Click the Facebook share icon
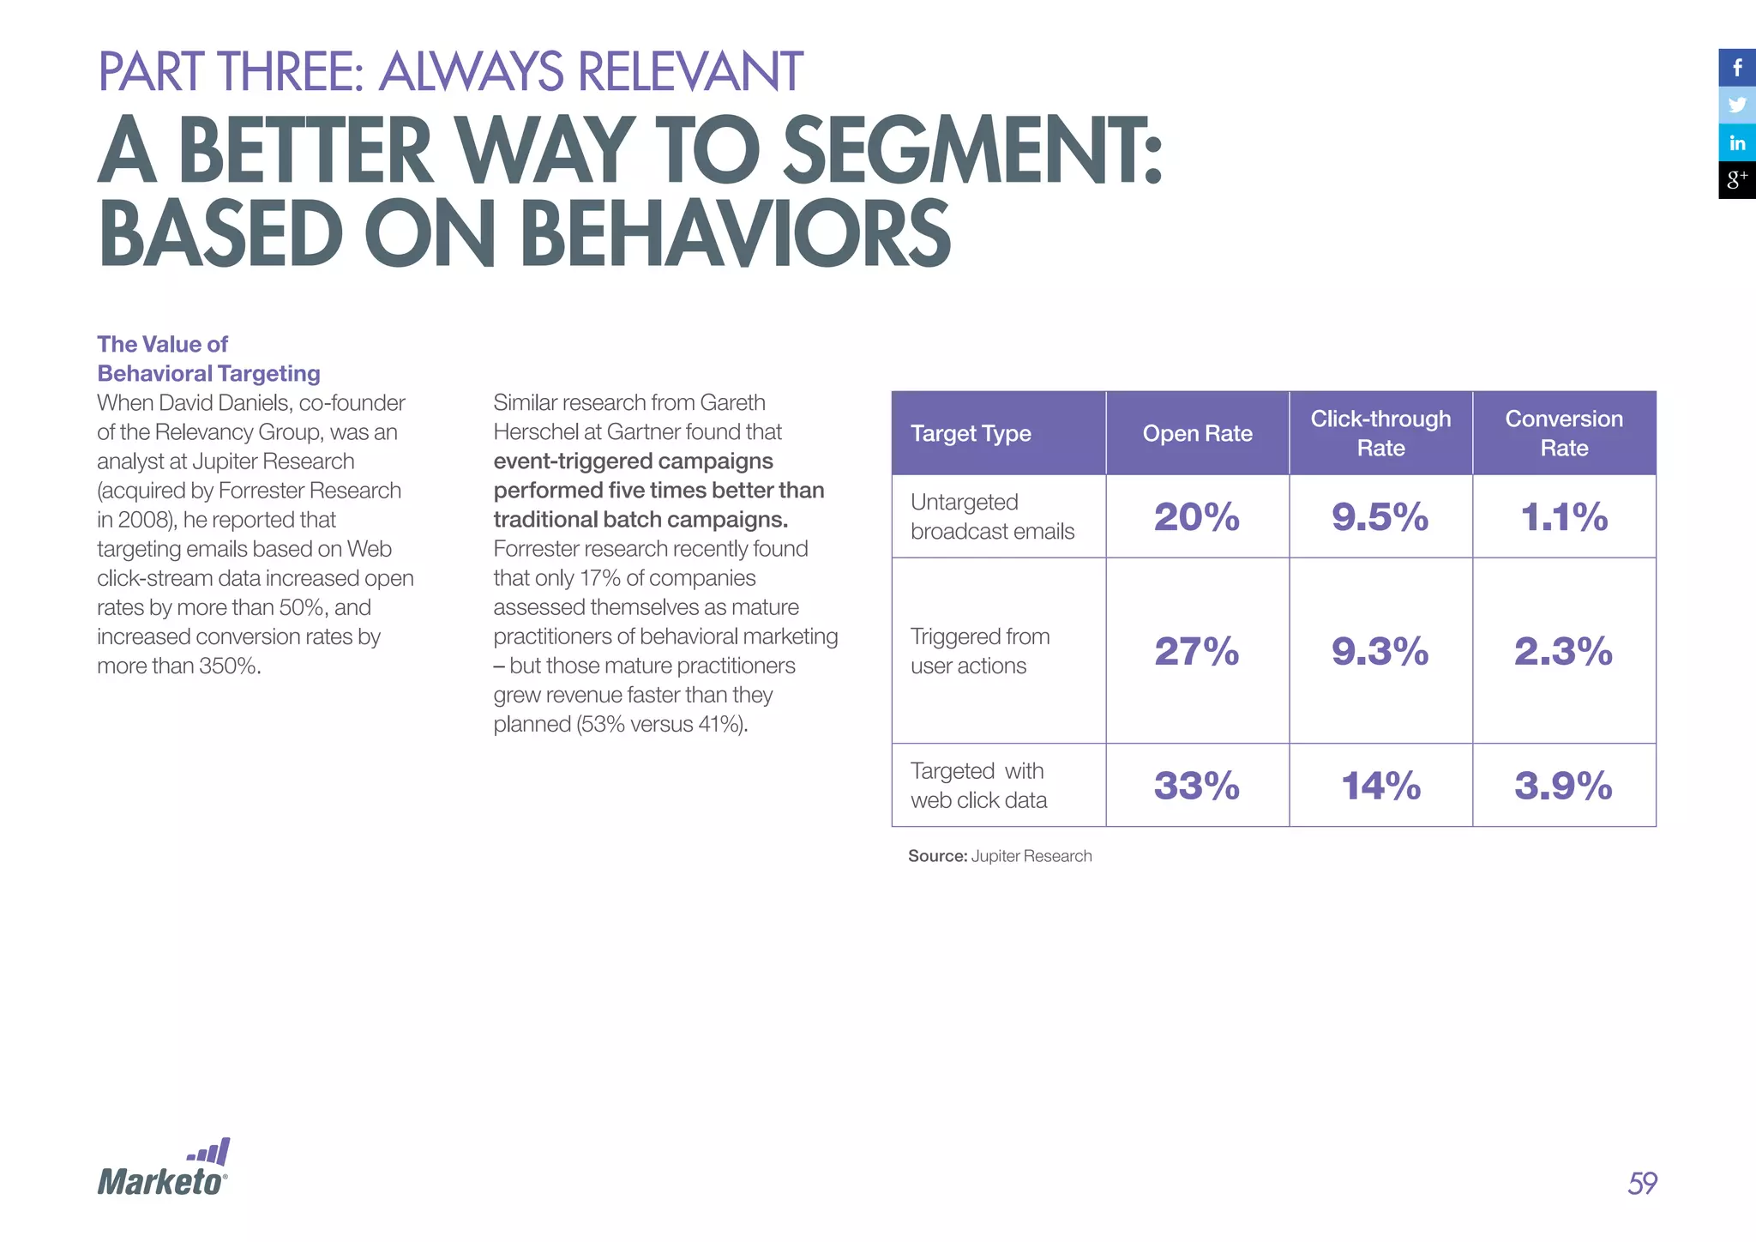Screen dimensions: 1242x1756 [x=1737, y=68]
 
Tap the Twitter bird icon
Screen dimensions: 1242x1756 [x=1737, y=106]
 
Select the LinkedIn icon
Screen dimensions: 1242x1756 [x=1737, y=142]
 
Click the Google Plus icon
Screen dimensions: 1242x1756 [x=1737, y=180]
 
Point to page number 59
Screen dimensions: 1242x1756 [x=1642, y=1184]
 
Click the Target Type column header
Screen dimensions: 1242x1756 [x=971, y=434]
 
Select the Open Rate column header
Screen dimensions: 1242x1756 [x=1197, y=434]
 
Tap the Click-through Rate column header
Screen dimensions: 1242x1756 [x=1380, y=433]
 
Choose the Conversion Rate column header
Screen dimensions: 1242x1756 [x=1564, y=433]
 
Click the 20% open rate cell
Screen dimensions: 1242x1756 [x=1197, y=517]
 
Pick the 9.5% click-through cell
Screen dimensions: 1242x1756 [x=1380, y=517]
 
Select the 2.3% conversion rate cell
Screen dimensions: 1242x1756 [x=1564, y=651]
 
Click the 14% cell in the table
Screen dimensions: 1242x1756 [x=1380, y=786]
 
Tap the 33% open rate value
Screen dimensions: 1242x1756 [x=1197, y=786]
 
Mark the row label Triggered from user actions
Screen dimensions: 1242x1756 [x=979, y=651]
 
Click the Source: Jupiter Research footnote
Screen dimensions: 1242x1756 [x=1000, y=856]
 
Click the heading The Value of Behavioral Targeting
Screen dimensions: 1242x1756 [x=208, y=359]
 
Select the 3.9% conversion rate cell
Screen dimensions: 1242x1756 [x=1564, y=786]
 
